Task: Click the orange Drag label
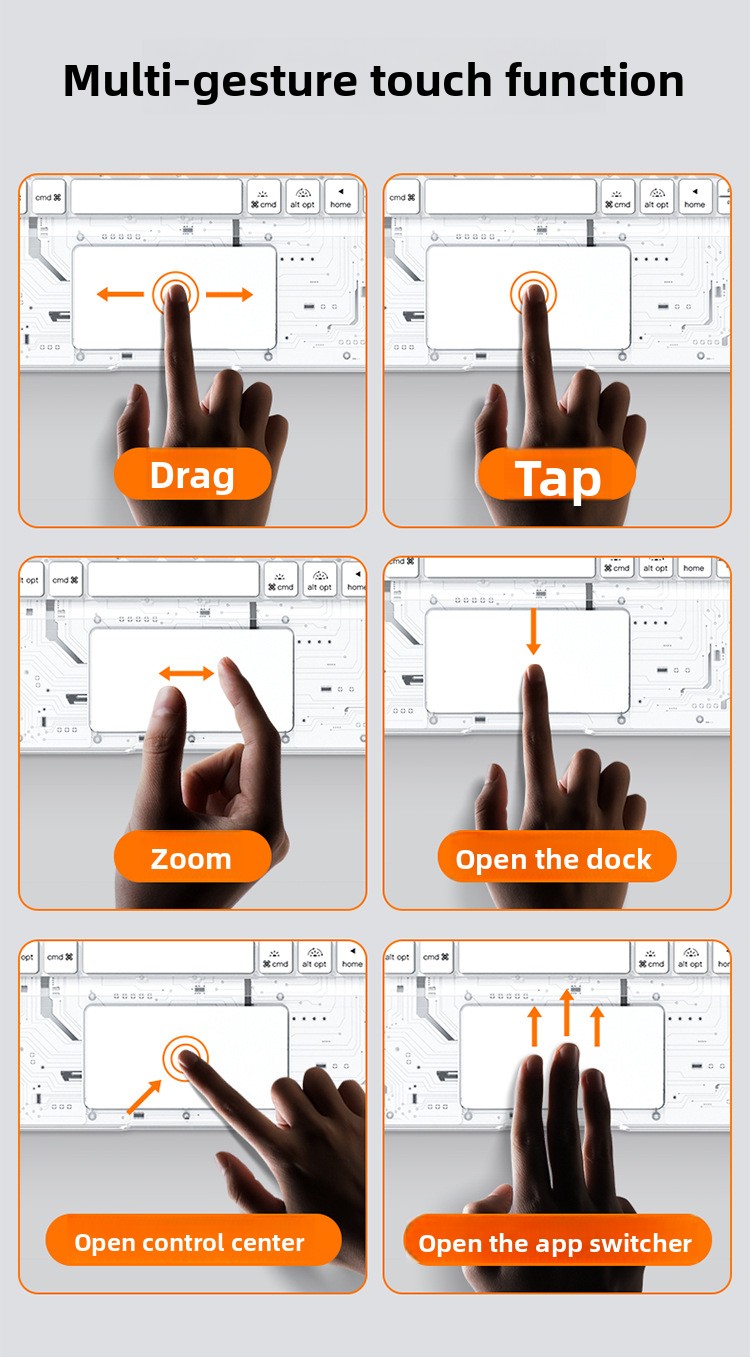click(x=192, y=474)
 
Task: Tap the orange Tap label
click(x=557, y=474)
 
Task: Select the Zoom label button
click(x=192, y=857)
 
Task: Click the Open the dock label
click(x=557, y=857)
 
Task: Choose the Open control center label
click(x=193, y=1240)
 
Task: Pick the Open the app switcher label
click(x=557, y=1240)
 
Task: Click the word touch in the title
click(x=431, y=80)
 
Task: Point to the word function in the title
click(x=595, y=80)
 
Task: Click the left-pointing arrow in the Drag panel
click(x=121, y=294)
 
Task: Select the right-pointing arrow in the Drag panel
click(x=229, y=294)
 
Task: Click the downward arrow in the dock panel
click(x=533, y=631)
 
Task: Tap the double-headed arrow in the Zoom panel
click(x=187, y=673)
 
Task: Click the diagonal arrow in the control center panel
click(x=144, y=1097)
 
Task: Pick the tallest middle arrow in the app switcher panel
click(x=566, y=1012)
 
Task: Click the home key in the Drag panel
click(x=340, y=196)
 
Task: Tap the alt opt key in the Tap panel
click(x=657, y=196)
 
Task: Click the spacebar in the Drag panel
click(x=156, y=196)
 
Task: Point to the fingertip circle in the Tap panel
click(x=533, y=294)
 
